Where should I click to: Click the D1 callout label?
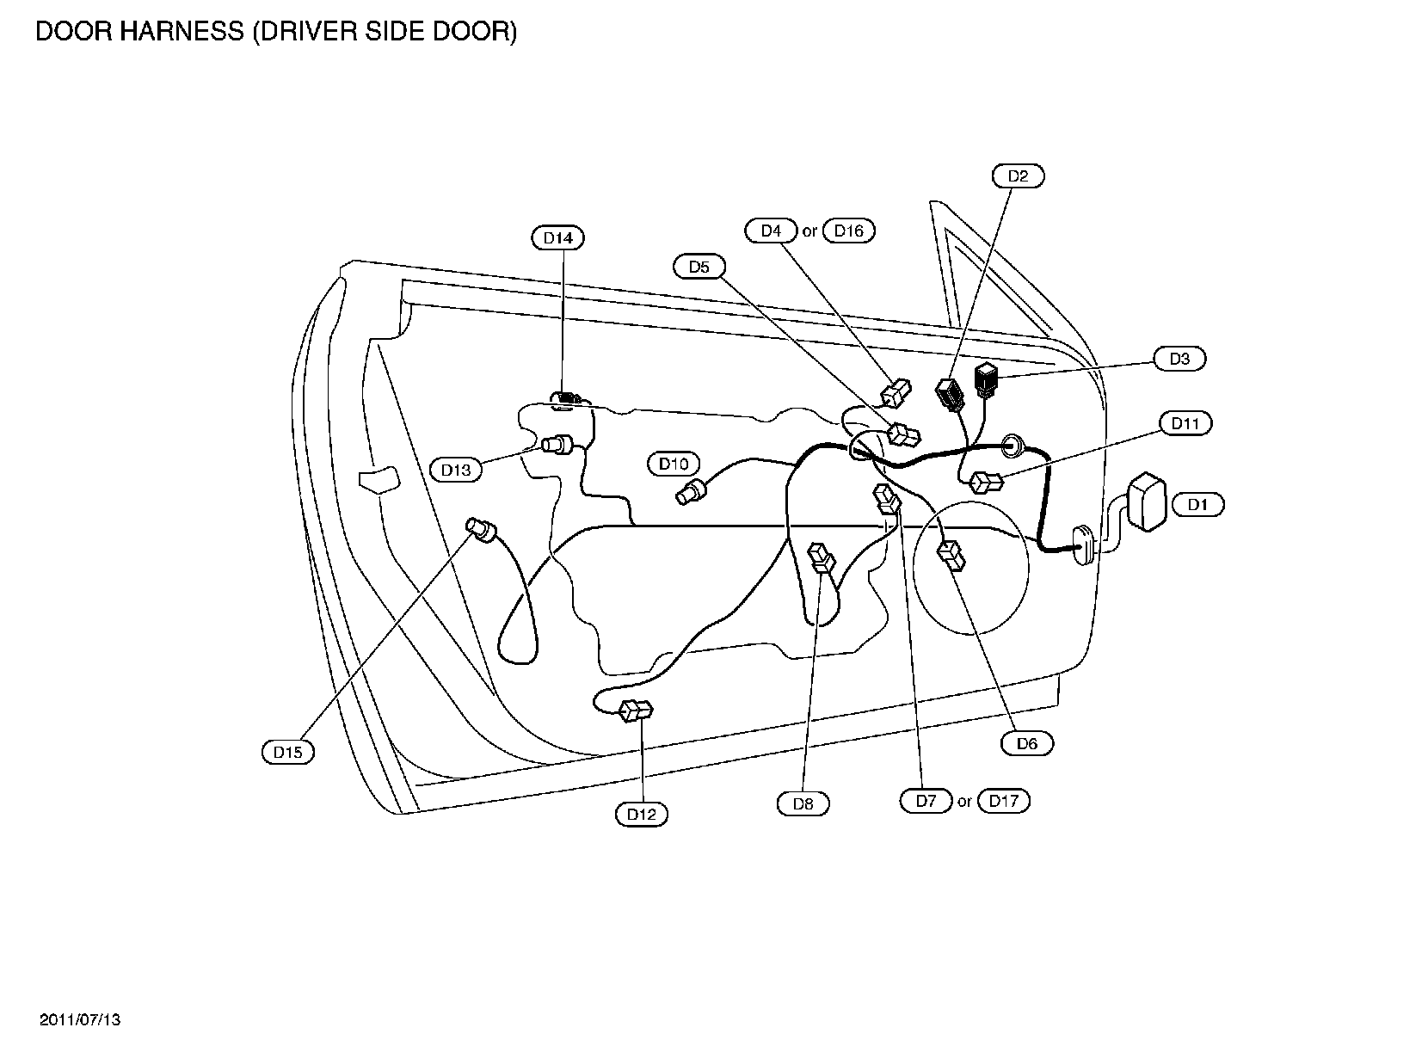[1198, 505]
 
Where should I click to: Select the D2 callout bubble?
[1018, 176]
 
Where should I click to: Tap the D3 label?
[1179, 359]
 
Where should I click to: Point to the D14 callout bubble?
[558, 237]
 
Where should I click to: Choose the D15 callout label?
[287, 753]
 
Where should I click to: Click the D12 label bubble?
[642, 815]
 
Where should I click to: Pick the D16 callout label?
[849, 231]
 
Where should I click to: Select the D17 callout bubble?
[1004, 801]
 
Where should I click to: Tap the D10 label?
[674, 464]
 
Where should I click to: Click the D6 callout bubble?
[1027, 743]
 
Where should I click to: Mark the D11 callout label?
[1185, 423]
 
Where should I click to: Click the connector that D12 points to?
[637, 711]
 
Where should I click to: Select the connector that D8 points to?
[822, 558]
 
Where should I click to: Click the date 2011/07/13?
[80, 1019]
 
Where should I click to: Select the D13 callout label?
[456, 470]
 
